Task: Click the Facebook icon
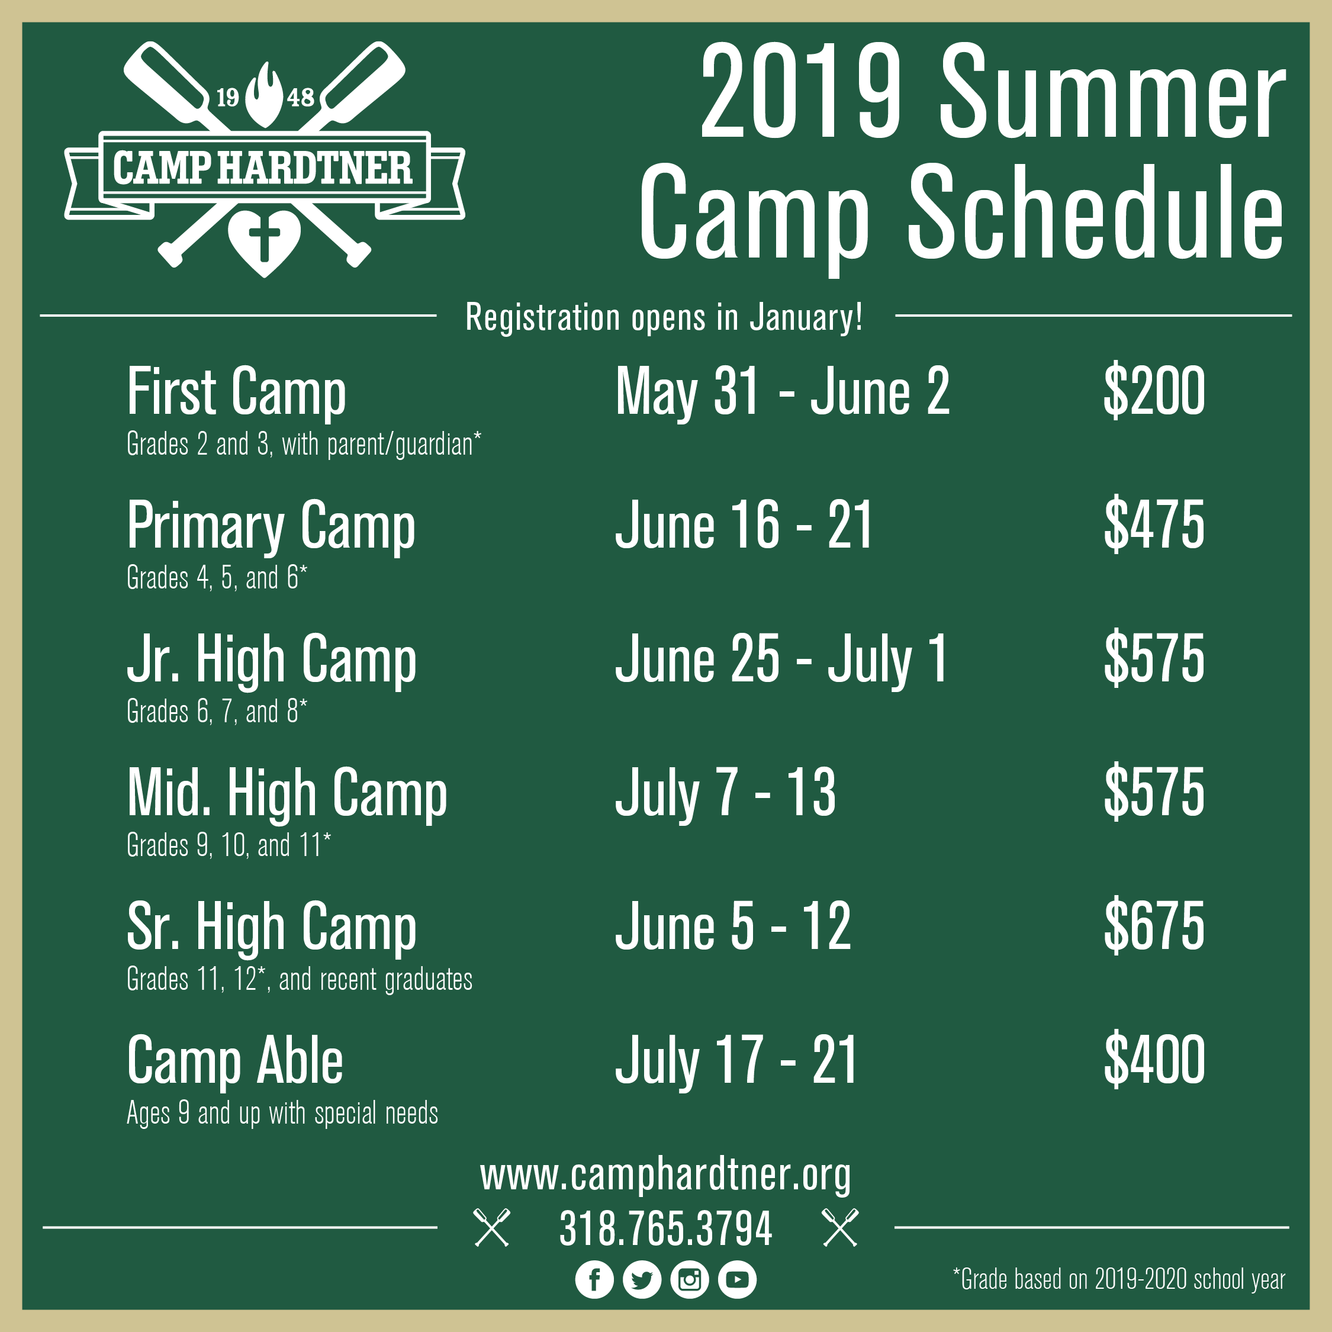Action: tap(594, 1279)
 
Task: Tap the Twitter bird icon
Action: tap(642, 1279)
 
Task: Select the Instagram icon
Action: tap(690, 1279)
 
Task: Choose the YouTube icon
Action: tap(737, 1279)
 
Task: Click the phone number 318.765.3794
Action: tap(666, 1228)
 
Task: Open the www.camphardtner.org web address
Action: tap(666, 1176)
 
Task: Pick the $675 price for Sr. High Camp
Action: tap(1154, 926)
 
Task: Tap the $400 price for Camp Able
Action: tap(1154, 1060)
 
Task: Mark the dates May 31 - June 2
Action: tap(783, 393)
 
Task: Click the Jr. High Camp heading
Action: tap(272, 661)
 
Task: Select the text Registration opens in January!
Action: tap(665, 317)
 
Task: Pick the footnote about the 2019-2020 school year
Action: tap(1119, 1279)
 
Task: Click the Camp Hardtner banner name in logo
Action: tap(262, 168)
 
